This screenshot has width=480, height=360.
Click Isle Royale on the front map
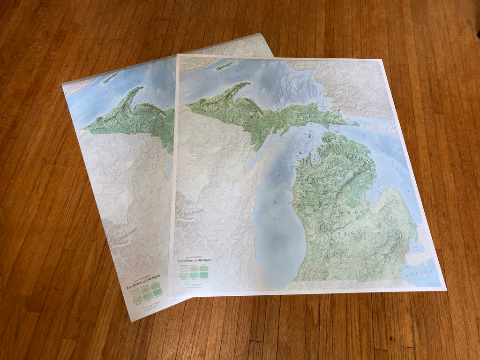(225, 66)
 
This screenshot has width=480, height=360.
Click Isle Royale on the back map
(111, 77)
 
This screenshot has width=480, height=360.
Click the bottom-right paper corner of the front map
(445, 290)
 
